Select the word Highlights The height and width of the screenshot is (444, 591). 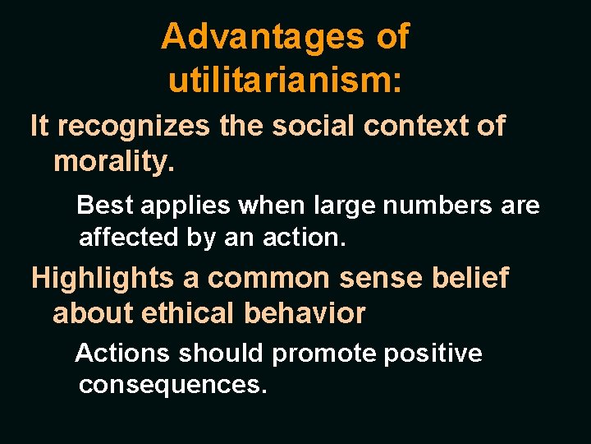point(103,279)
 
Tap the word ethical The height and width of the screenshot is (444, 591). point(183,313)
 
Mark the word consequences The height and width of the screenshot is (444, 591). point(172,386)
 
